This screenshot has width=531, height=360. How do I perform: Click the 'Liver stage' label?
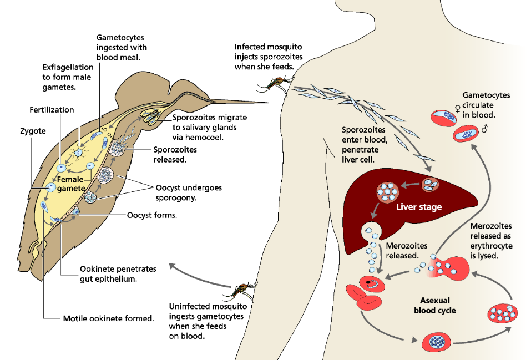pos(419,207)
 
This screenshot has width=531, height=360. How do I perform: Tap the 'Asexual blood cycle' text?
pos(434,305)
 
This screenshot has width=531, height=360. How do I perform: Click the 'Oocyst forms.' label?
pos(152,215)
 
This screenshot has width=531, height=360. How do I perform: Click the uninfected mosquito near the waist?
pos(241,290)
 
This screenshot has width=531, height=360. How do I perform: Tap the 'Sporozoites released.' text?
pos(175,154)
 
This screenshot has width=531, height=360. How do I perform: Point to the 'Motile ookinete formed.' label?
pos(108,318)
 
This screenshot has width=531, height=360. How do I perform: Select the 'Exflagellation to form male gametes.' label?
pos(67,77)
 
